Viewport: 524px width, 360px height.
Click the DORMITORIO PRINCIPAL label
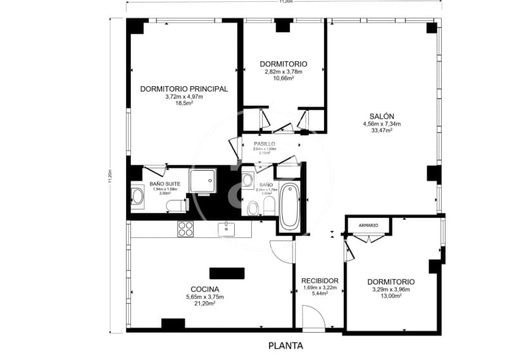184,89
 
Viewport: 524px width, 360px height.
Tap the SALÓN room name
382,116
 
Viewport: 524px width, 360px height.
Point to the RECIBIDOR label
320,280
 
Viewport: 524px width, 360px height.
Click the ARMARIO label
368,225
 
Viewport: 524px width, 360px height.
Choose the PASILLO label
265,144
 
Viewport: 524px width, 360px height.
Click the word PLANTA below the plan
285,345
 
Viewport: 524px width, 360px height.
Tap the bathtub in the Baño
290,206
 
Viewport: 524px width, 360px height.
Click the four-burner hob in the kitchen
185,228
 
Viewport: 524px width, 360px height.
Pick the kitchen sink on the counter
227,228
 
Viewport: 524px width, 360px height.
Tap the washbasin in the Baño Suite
137,196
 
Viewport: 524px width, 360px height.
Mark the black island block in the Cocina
227,273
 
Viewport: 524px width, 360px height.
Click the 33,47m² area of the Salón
382,130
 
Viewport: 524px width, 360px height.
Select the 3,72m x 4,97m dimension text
184,97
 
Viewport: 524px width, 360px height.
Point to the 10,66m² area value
284,78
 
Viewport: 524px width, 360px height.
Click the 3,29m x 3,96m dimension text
391,289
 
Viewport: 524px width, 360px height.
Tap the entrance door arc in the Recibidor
312,318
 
